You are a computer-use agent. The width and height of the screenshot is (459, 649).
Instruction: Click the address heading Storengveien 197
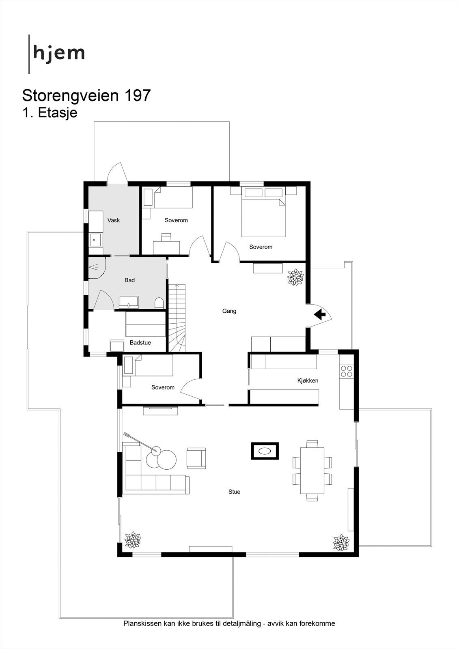pyautogui.click(x=86, y=96)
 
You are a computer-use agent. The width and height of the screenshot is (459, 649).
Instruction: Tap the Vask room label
pyautogui.click(x=114, y=220)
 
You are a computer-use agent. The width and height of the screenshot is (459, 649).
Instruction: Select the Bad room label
pyautogui.click(x=129, y=280)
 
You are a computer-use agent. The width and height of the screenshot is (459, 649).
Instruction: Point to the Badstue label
pyautogui.click(x=140, y=343)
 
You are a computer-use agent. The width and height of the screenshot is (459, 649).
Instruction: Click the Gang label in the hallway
pyautogui.click(x=229, y=311)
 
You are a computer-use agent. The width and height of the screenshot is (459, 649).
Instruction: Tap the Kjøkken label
pyautogui.click(x=308, y=380)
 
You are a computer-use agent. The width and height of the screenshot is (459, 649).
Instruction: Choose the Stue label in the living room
pyautogui.click(x=234, y=492)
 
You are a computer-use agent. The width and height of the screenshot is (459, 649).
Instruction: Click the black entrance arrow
pyautogui.click(x=320, y=314)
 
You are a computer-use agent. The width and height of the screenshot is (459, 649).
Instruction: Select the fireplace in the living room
pyautogui.click(x=265, y=451)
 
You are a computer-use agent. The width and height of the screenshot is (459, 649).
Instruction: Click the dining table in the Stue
pyautogui.click(x=312, y=471)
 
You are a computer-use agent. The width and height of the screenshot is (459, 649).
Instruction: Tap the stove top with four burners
pyautogui.click(x=347, y=371)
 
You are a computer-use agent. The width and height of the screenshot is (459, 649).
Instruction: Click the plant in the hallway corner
pyautogui.click(x=295, y=277)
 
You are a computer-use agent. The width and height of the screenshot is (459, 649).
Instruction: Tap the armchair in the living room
pyautogui.click(x=196, y=458)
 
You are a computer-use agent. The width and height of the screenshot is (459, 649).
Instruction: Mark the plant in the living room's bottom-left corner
pyautogui.click(x=133, y=540)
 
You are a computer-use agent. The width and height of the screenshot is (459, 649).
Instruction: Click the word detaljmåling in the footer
pyautogui.click(x=241, y=623)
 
